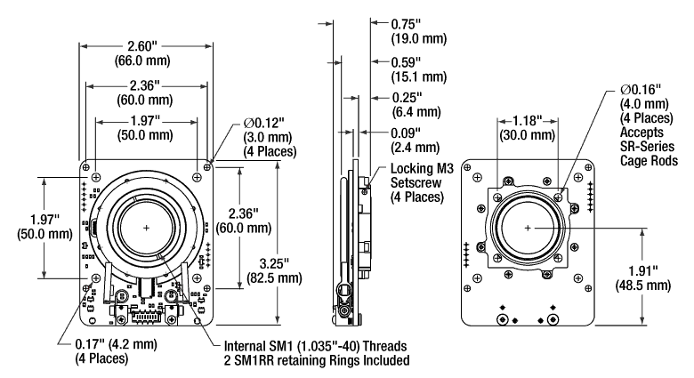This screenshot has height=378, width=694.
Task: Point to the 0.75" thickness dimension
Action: pos(407,24)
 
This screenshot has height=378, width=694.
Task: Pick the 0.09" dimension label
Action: pos(407,133)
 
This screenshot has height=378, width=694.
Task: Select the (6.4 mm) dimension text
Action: pos(410,111)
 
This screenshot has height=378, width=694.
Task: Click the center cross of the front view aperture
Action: pos(147,228)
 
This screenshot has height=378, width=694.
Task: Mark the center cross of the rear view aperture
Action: pos(529,228)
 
